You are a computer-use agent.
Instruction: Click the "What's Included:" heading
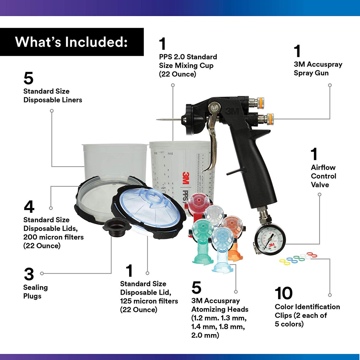tap(71, 42)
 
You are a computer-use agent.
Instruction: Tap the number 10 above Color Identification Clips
tap(283, 293)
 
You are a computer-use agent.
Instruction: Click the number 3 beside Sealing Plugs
tap(29, 274)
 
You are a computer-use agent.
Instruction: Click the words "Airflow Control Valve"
tap(323, 176)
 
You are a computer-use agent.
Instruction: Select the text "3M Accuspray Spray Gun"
tap(318, 69)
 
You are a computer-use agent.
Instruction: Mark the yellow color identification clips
tap(285, 262)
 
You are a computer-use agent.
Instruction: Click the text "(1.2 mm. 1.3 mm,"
tap(219, 318)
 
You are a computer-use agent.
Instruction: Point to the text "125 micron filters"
tap(149, 301)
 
